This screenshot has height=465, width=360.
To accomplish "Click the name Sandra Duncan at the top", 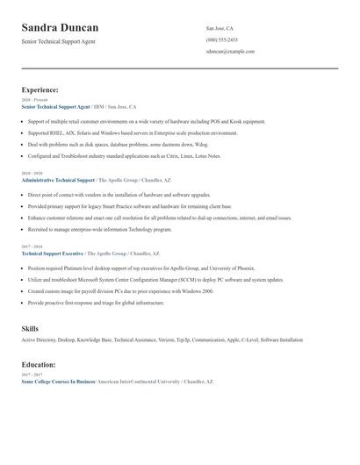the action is (60, 28).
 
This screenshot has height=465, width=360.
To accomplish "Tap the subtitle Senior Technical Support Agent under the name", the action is (59, 41).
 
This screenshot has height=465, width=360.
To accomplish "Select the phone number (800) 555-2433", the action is (222, 39).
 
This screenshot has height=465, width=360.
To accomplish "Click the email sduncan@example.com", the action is (230, 51).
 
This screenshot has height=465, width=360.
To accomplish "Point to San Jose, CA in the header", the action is (220, 28).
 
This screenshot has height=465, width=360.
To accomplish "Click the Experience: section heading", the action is (40, 89).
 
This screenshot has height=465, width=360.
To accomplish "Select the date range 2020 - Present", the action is (34, 100).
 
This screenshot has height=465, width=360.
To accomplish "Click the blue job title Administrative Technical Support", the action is (58, 179).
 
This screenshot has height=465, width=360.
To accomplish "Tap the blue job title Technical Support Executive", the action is (53, 253).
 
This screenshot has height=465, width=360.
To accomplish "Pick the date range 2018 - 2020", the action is (31, 174).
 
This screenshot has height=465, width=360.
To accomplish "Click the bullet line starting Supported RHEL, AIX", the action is (132, 132).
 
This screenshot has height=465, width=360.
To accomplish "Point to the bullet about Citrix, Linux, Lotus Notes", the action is (124, 155).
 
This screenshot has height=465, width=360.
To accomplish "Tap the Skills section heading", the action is (30, 328).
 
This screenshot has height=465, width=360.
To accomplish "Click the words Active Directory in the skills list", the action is (38, 340).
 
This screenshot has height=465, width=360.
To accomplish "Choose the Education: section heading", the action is (39, 364).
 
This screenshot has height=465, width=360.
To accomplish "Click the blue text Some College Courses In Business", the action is (58, 382).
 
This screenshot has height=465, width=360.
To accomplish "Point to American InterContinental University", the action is (137, 382).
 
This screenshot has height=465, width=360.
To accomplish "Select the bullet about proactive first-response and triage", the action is (96, 302).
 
